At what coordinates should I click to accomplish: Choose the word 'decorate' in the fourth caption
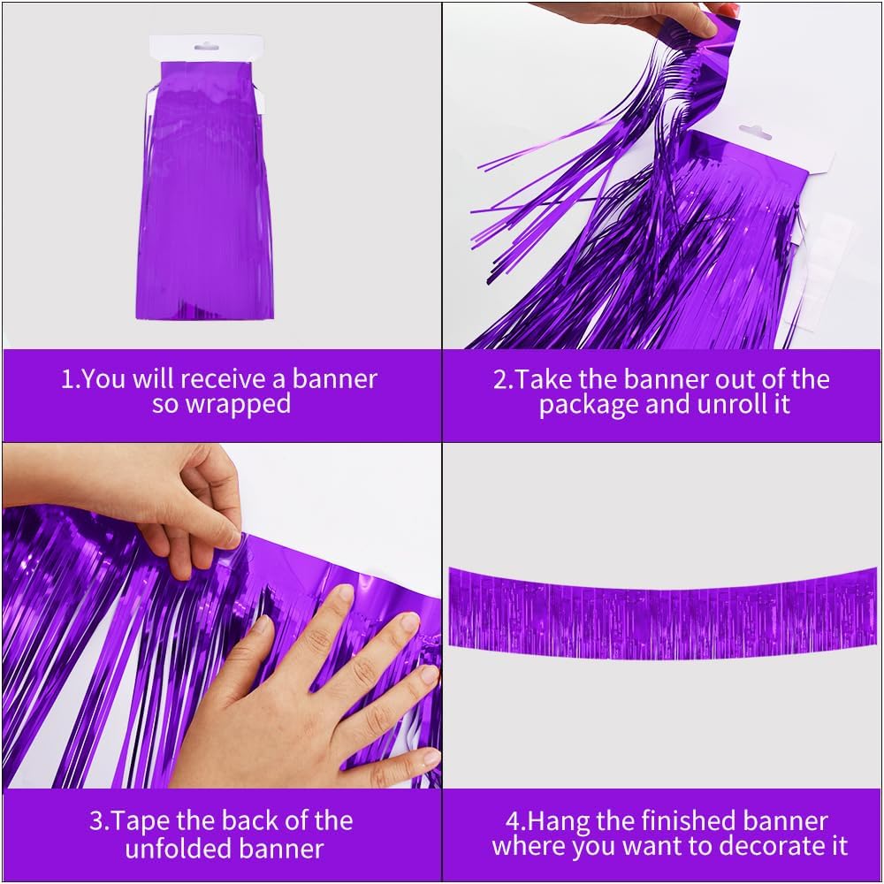coord(767,846)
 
